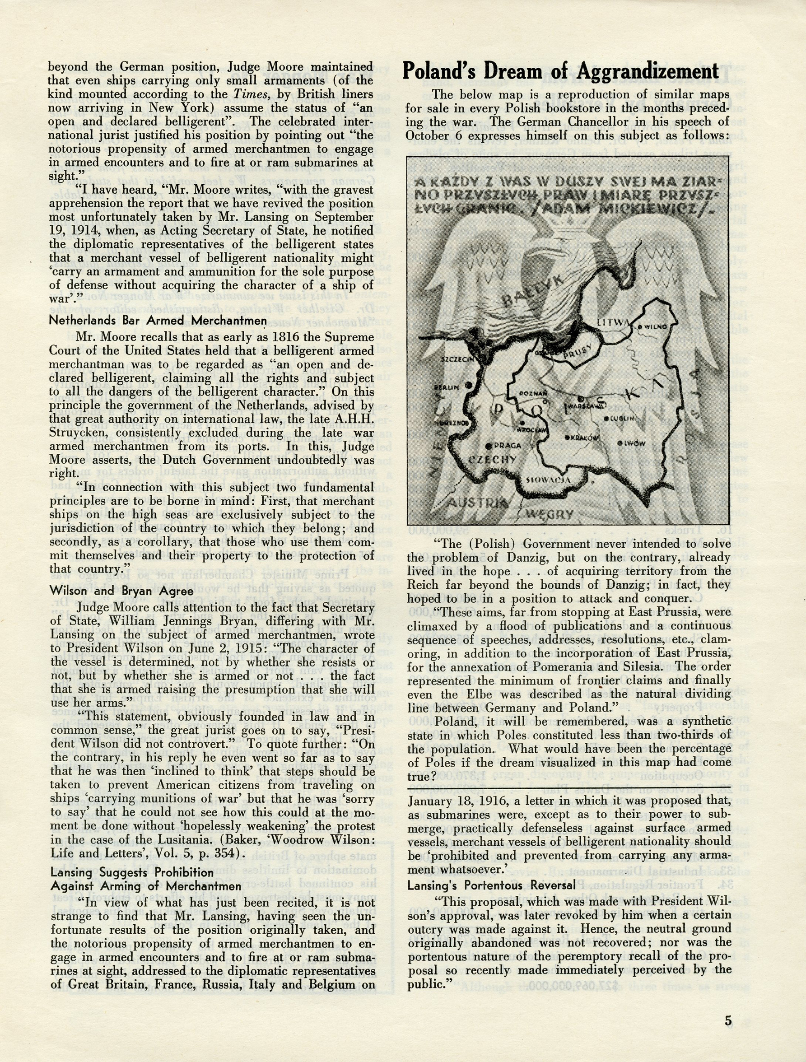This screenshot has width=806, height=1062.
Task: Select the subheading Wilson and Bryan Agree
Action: click(x=122, y=591)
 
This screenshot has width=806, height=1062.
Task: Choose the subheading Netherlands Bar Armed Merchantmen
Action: click(x=158, y=320)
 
